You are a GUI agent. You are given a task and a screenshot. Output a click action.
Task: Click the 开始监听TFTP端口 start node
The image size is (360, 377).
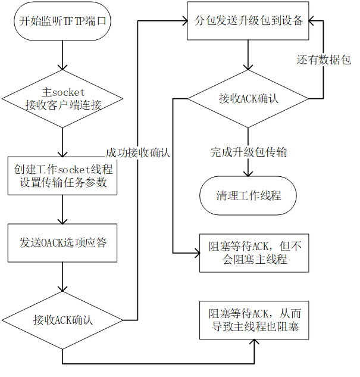(62, 21)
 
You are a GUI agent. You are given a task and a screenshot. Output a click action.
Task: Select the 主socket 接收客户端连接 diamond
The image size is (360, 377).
(63, 99)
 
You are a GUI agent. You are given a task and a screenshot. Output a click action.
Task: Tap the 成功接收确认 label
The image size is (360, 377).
(137, 152)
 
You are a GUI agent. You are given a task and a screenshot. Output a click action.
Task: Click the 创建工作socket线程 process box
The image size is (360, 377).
(62, 176)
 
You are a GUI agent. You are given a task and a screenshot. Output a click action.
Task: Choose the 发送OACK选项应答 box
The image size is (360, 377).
(62, 243)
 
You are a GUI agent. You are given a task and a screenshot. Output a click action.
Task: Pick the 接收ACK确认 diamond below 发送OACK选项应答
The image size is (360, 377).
(62, 320)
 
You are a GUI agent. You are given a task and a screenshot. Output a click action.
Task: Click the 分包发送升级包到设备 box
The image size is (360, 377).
(249, 21)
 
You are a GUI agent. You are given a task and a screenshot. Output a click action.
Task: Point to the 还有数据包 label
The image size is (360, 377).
(324, 60)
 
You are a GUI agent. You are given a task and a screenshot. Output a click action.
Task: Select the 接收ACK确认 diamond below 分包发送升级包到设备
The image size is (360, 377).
(249, 98)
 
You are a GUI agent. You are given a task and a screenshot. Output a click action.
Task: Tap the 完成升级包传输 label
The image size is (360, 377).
(249, 152)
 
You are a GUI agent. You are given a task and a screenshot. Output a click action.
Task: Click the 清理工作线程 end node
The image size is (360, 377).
(249, 195)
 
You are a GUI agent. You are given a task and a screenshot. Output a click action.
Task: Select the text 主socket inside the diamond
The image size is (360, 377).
(64, 92)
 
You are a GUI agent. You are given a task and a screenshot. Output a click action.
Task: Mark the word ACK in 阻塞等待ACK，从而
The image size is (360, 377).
(261, 314)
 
